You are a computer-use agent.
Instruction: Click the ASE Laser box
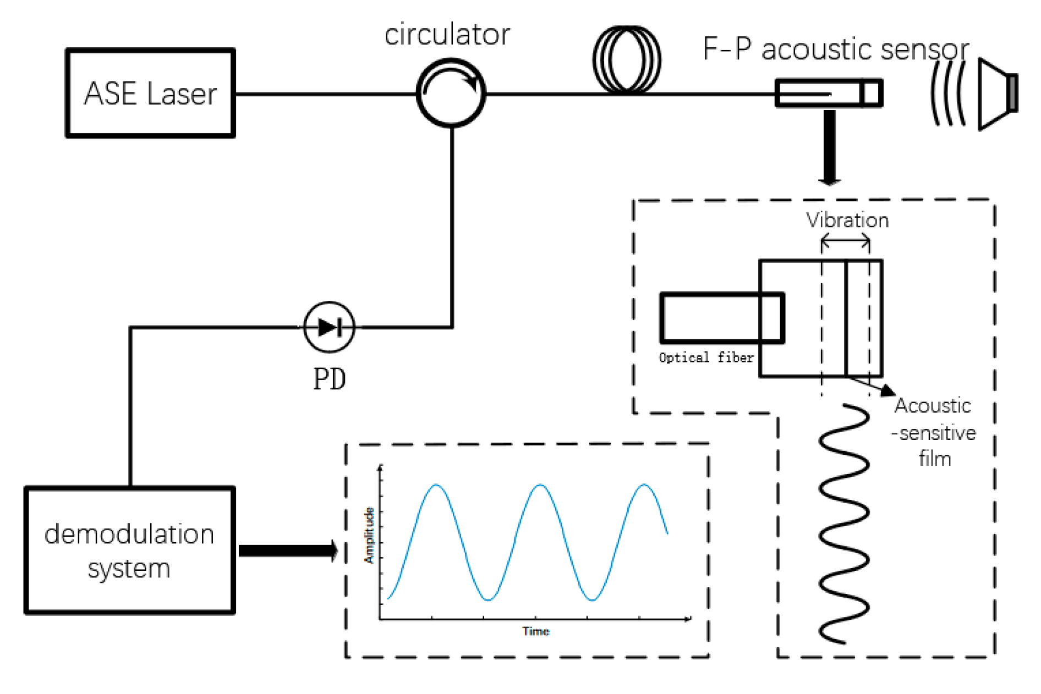tap(150, 93)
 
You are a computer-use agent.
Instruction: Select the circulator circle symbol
tap(451, 93)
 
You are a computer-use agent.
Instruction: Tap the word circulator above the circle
tap(447, 35)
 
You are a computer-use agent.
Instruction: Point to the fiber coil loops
tap(627, 59)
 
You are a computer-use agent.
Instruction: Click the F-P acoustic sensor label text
tap(835, 49)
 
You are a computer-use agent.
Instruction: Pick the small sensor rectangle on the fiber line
tap(829, 93)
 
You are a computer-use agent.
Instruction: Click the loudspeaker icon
tap(997, 94)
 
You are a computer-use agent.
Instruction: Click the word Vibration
tap(847, 221)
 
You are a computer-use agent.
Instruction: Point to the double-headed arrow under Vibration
tap(845, 241)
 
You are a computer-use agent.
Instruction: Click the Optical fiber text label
tap(706, 358)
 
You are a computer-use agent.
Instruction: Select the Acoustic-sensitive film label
tap(934, 432)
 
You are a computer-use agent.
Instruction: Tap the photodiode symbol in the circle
tap(330, 327)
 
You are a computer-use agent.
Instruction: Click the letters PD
tap(329, 379)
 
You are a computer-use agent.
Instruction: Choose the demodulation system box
tap(130, 550)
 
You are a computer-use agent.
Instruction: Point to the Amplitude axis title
tap(369, 535)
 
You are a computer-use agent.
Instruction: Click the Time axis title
tap(535, 631)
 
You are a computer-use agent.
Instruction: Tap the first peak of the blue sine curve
tap(436, 485)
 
